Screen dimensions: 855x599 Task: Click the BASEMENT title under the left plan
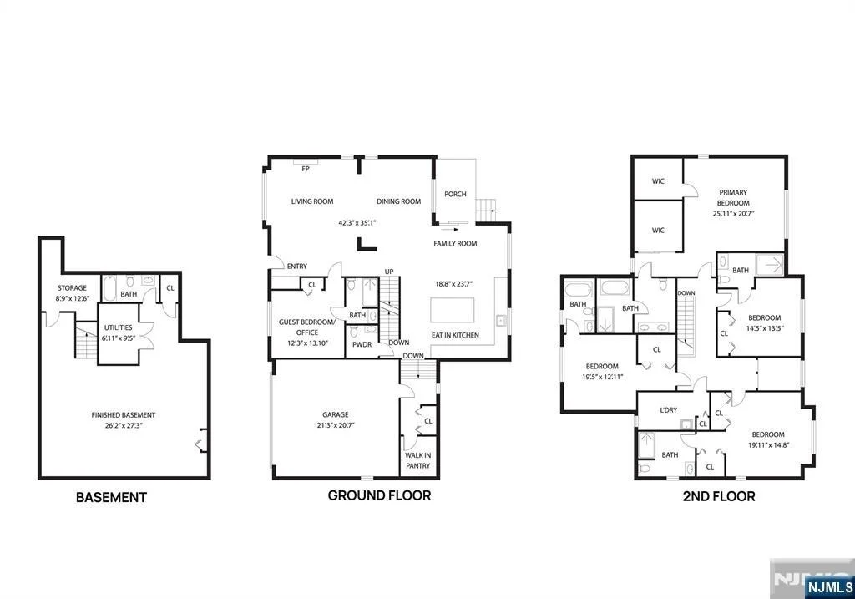click(111, 498)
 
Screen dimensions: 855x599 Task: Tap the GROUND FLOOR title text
click(380, 495)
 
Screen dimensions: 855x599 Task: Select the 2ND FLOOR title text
click(719, 496)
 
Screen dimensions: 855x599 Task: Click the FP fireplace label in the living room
click(306, 169)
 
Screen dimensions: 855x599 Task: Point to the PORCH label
click(455, 194)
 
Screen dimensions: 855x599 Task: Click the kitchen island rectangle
click(452, 310)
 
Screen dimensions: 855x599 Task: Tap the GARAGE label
click(336, 414)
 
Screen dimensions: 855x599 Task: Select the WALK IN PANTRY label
click(418, 460)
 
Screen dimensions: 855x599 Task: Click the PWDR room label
click(362, 345)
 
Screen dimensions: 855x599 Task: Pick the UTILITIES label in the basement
click(119, 327)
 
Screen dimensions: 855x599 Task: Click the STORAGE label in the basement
click(72, 288)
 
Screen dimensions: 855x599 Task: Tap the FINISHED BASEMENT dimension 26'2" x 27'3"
click(124, 425)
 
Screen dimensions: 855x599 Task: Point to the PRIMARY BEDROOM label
click(733, 197)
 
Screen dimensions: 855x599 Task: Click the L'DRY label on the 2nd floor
click(669, 410)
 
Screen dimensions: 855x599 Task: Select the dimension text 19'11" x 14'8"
click(768, 444)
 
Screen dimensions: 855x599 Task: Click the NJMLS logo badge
click(829, 587)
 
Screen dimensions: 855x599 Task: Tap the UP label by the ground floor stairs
click(389, 272)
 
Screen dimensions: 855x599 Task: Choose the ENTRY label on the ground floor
click(297, 267)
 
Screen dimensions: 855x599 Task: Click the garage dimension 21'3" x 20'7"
click(336, 425)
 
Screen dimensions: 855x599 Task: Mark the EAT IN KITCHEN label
click(455, 335)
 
